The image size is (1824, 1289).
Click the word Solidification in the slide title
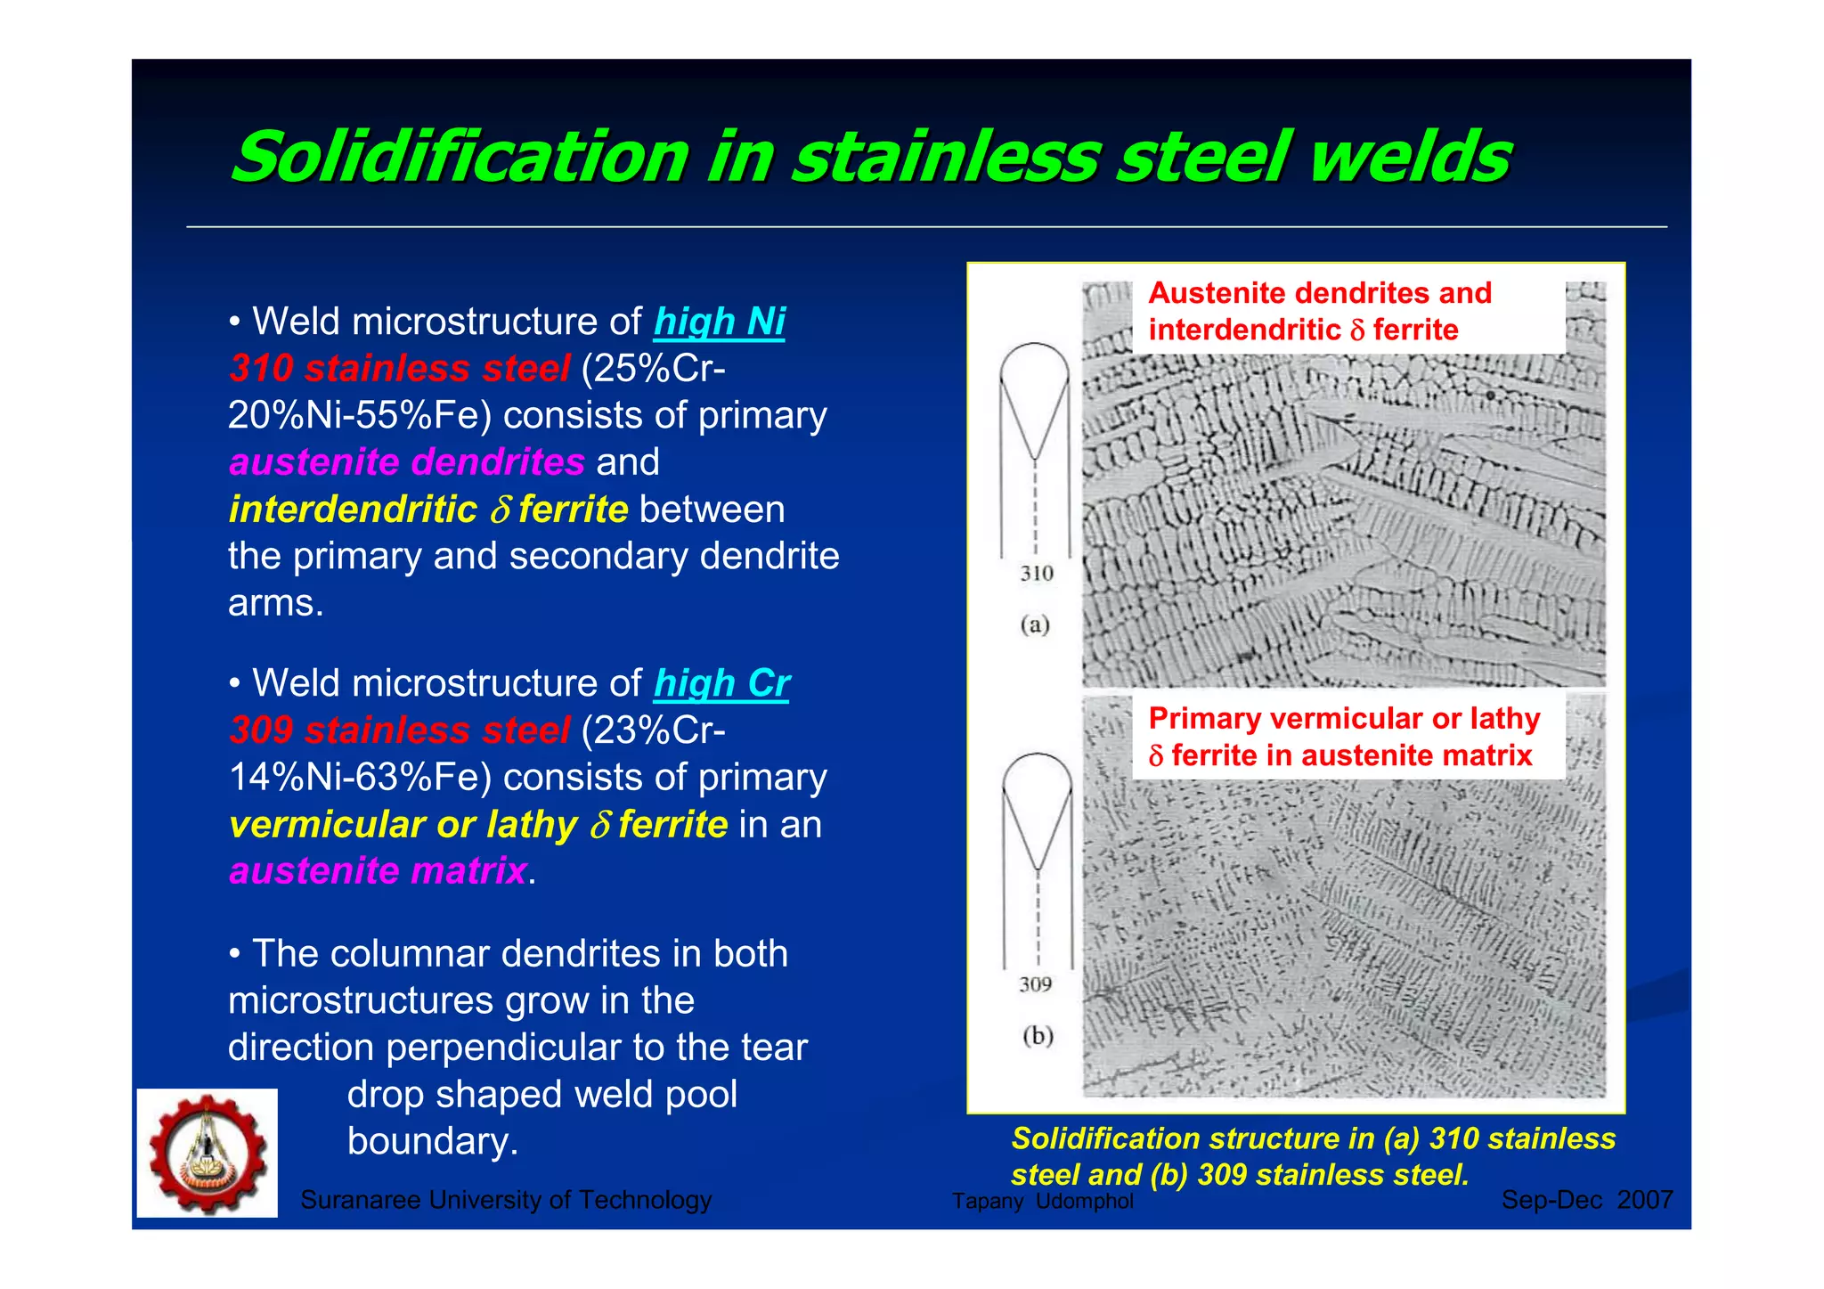coord(460,157)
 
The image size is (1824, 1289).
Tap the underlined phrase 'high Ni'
coord(720,322)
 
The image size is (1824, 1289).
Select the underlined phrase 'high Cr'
coord(721,683)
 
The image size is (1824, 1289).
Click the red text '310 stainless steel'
coord(399,369)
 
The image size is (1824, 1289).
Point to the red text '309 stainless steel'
coord(399,730)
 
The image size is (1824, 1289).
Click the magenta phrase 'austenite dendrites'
coord(407,462)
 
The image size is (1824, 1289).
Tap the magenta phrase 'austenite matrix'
coord(378,870)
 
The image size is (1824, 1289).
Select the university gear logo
coord(208,1153)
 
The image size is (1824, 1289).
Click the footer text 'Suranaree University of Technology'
coord(506,1200)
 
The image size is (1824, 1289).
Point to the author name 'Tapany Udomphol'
coord(1042,1201)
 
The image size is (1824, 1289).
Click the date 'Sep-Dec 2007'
coord(1587,1200)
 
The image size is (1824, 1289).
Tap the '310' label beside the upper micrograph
coord(1037,573)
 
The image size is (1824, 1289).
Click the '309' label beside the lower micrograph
coord(1036,984)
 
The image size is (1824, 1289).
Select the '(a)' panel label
coord(1035,624)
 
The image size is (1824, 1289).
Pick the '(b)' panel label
coord(1038,1035)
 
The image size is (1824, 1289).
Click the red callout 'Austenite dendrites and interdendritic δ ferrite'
coord(1320,312)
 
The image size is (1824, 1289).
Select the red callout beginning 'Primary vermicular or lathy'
coord(1343,737)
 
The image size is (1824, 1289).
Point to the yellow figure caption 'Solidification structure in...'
coord(1313,1156)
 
